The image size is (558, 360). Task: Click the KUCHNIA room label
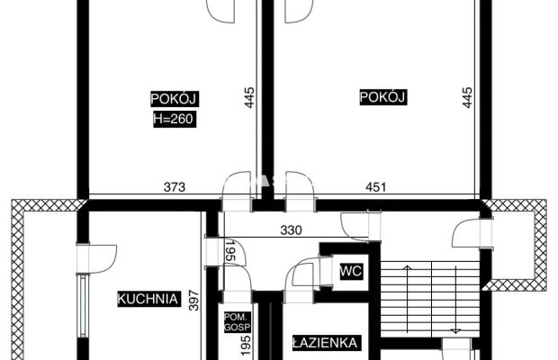[x=148, y=299]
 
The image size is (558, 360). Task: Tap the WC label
[x=351, y=272]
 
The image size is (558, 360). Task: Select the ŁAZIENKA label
[x=325, y=343]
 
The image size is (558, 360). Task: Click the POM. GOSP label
[x=238, y=322]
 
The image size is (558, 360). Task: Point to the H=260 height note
[x=175, y=119]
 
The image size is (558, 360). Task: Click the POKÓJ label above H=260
[x=175, y=99]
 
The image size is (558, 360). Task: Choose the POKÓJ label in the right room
[x=382, y=97]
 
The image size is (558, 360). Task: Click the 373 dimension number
[x=175, y=187]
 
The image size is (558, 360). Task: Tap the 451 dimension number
[x=376, y=187]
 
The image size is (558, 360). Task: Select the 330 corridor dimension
[x=291, y=230]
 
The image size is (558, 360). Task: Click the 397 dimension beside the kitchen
[x=193, y=301]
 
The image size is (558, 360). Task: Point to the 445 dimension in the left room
[x=249, y=97]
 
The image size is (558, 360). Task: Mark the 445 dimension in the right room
[x=467, y=97]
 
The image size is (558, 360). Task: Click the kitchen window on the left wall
[x=83, y=307]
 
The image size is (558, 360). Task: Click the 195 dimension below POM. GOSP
[x=246, y=345]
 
